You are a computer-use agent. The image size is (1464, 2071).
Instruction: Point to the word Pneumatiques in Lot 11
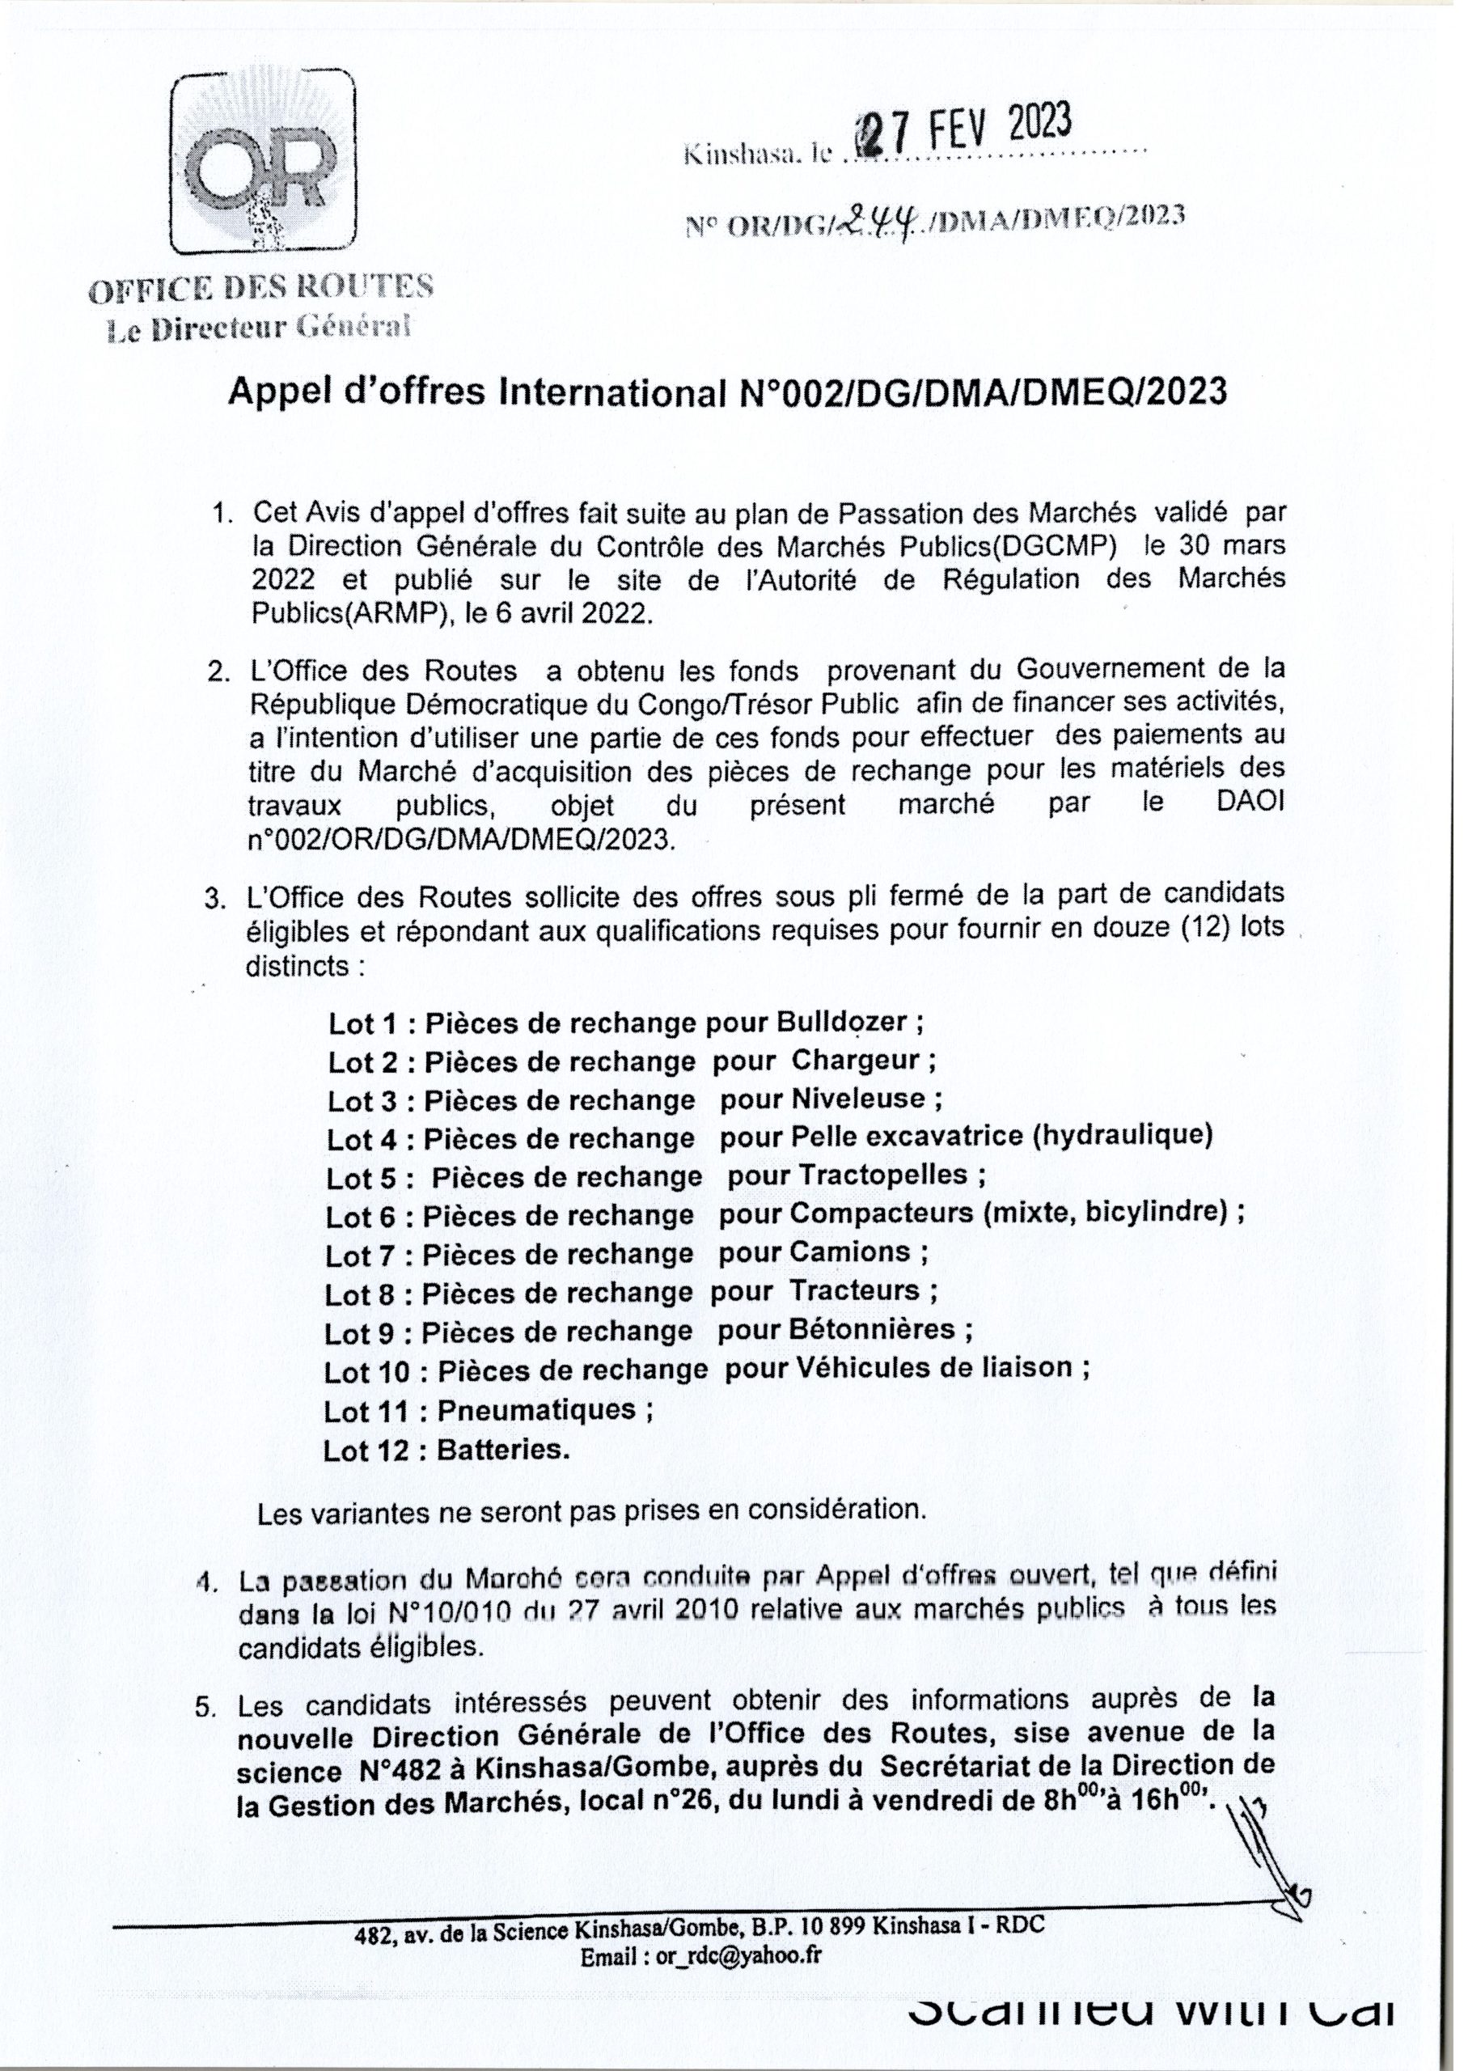(x=537, y=1410)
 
